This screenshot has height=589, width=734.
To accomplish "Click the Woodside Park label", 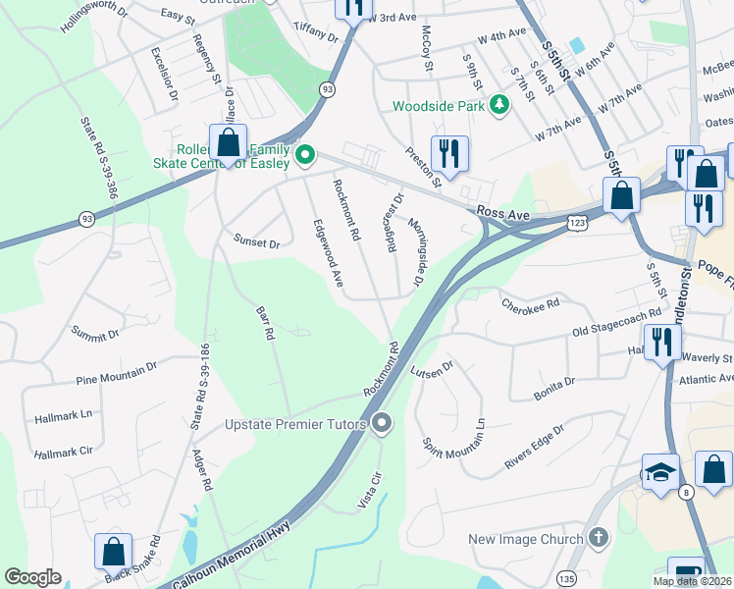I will [x=440, y=105].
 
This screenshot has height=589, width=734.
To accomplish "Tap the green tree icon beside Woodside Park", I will [x=498, y=103].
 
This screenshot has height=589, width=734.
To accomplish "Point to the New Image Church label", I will [x=525, y=539].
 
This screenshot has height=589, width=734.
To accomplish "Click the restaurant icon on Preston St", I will [x=449, y=153].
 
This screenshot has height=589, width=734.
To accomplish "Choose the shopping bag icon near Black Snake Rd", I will [x=114, y=551].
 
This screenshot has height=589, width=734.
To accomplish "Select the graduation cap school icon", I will [x=660, y=471].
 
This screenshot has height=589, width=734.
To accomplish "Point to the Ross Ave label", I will [x=503, y=211].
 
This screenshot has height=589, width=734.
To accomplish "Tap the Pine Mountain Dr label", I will [x=117, y=373].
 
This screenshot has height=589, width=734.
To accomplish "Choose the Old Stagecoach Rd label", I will [x=617, y=333].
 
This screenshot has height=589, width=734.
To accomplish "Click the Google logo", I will [x=32, y=577].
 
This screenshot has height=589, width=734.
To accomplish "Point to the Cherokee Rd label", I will [x=530, y=304].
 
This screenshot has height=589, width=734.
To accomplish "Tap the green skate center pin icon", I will [x=305, y=153].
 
